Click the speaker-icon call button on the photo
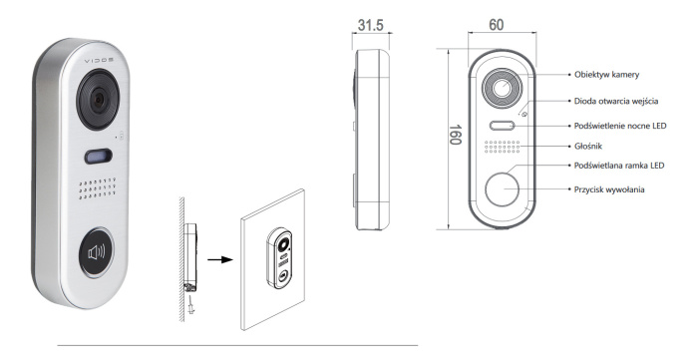97,250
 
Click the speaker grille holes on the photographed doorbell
97,190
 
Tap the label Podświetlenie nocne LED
627,126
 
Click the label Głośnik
592,146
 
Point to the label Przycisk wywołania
616,187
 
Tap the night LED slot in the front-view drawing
503,127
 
